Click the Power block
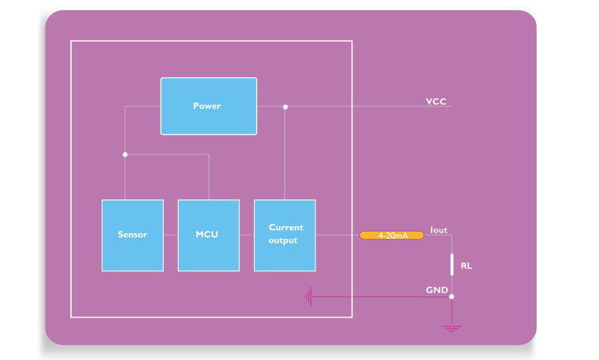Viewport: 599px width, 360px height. tap(208, 106)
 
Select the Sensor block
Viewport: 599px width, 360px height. tap(133, 235)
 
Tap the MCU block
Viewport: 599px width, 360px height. tap(208, 235)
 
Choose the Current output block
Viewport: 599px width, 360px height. tap(284, 235)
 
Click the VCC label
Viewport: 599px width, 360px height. tap(436, 101)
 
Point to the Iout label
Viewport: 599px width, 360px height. tap(438, 230)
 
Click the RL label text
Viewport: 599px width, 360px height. tap(466, 266)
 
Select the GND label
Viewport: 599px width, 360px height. tap(437, 291)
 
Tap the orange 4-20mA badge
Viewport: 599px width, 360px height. tap(391, 235)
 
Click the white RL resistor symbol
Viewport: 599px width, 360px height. tap(452, 264)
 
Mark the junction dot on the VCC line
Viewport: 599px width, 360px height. tap(285, 107)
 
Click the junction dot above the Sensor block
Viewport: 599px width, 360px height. tap(125, 154)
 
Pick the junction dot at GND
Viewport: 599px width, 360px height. tap(452, 297)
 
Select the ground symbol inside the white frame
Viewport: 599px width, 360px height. tap(308, 297)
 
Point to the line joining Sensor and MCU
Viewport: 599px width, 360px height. tap(170, 235)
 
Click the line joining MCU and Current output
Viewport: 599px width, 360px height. tap(246, 235)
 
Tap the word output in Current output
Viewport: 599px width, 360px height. tap(285, 241)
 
